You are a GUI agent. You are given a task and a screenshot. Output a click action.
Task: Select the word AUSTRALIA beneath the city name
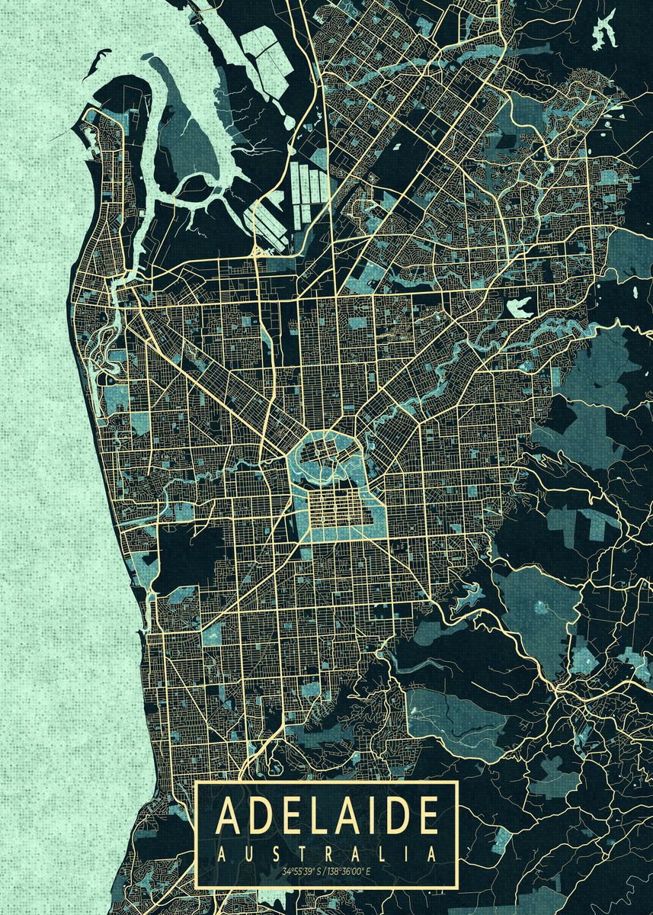pos(327,852)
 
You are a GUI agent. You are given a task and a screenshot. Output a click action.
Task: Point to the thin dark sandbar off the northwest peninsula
pos(98,72)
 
